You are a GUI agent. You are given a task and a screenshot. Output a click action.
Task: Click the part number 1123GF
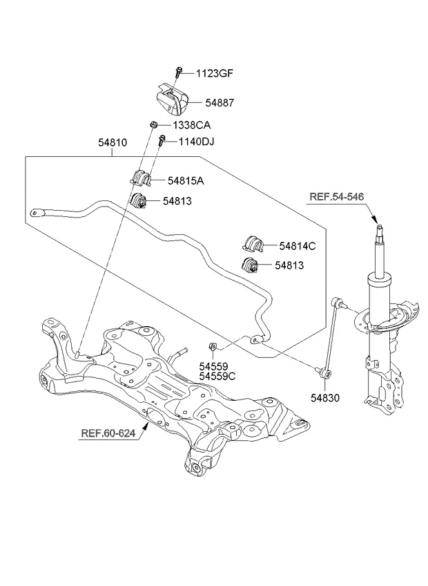click(215, 73)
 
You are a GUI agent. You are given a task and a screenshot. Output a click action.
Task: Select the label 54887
click(220, 102)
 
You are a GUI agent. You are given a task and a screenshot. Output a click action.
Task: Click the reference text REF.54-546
click(335, 197)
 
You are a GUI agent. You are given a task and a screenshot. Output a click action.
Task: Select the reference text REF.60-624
click(108, 434)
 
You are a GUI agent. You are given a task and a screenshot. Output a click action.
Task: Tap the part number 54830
click(324, 398)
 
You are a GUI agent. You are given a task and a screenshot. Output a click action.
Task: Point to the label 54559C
click(217, 377)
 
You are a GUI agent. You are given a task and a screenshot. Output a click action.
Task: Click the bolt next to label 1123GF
click(179, 71)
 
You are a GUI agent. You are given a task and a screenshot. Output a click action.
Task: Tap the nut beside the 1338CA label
click(153, 125)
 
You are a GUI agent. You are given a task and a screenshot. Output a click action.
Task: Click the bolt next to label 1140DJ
click(162, 142)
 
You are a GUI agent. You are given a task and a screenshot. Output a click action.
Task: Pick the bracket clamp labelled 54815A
click(140, 178)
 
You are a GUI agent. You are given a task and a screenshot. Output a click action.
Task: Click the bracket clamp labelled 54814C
click(253, 244)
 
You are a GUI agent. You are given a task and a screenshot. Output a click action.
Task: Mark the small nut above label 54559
click(213, 346)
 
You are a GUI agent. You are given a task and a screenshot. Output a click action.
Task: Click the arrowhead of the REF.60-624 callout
click(146, 428)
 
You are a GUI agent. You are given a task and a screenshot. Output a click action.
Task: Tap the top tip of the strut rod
click(378, 224)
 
